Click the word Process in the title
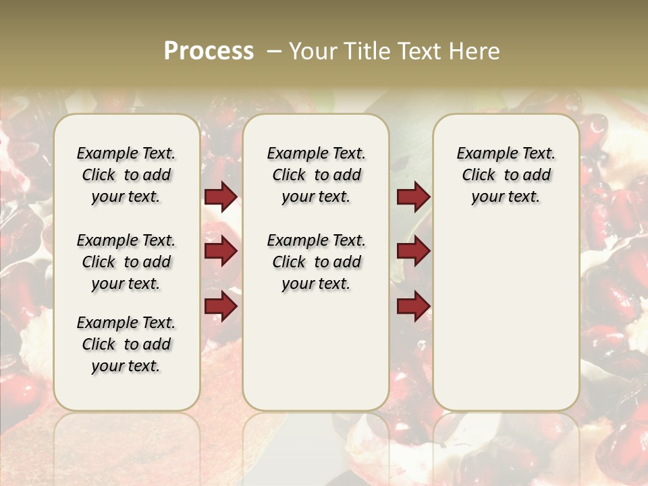209,51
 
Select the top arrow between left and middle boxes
221,196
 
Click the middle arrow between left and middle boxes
221,252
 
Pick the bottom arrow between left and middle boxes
221,306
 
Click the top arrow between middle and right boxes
413,196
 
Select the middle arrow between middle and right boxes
413,252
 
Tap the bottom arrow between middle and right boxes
413,306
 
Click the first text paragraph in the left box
126,175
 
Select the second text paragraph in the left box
126,262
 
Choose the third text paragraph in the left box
126,344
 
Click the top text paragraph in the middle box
316,175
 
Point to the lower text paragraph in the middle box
316,262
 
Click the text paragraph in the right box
506,175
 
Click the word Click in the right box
479,175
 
